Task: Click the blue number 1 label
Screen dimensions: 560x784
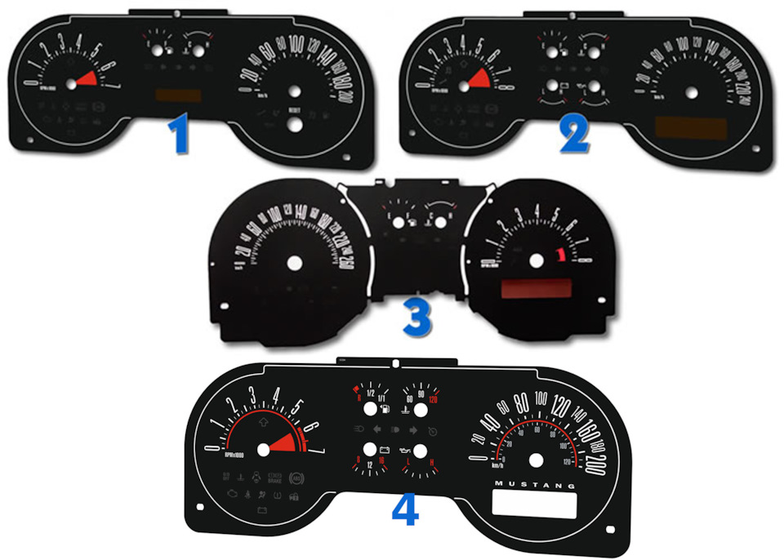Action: pos(177,136)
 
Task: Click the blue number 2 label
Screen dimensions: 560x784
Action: pos(574,136)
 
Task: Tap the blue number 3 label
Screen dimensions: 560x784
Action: pos(416,318)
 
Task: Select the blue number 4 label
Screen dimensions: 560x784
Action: pos(405,510)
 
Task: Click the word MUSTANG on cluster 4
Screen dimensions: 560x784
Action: pos(536,485)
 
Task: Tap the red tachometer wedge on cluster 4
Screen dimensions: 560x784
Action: pos(287,444)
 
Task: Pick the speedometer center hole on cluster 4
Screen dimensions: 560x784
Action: pos(536,460)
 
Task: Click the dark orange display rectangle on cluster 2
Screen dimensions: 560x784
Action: pos(687,128)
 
